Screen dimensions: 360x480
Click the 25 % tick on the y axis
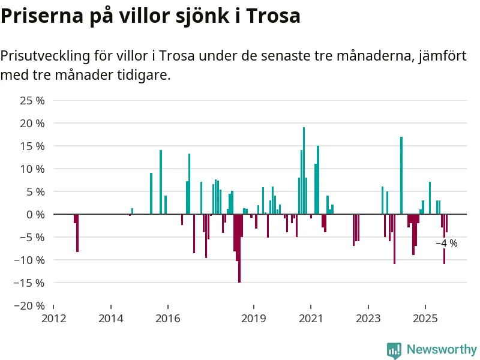33,100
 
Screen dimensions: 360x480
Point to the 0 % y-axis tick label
36,214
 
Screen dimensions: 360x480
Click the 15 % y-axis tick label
33,146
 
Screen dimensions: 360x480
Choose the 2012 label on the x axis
53,317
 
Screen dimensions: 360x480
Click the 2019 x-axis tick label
254,317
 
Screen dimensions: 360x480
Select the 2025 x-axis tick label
425,317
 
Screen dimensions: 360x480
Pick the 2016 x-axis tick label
167,317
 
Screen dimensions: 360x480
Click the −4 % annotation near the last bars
446,244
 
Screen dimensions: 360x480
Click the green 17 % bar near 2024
401,175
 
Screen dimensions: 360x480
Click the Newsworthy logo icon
394,350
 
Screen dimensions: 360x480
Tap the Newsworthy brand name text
442,350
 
